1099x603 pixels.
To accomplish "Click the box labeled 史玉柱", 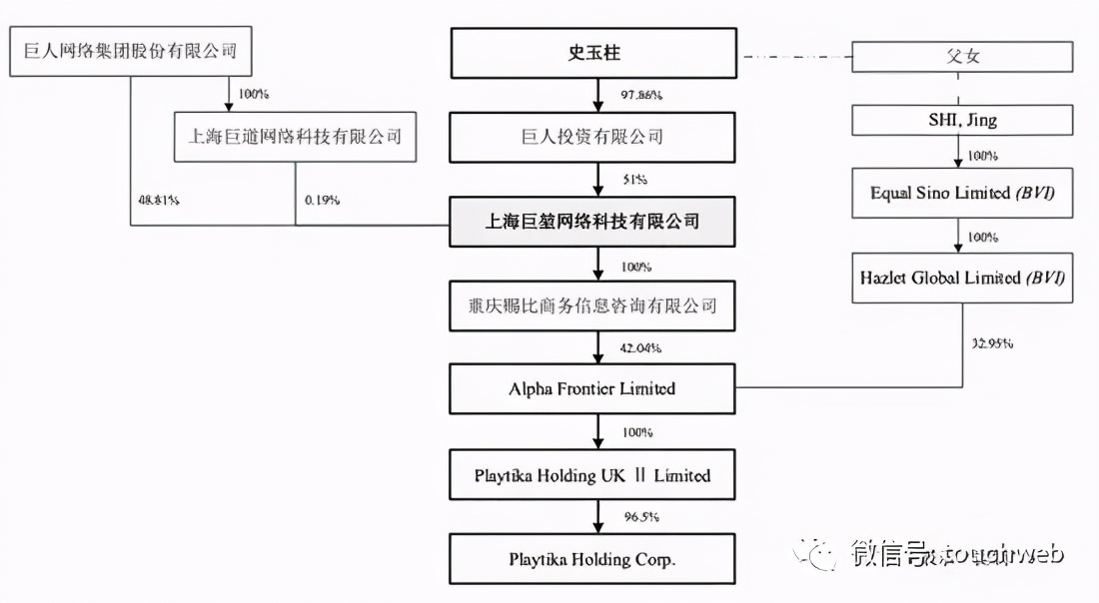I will [593, 54].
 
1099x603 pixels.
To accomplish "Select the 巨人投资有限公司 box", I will [593, 137].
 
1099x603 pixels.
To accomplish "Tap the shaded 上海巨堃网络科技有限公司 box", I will [593, 222].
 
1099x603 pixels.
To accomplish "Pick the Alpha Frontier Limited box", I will [593, 388].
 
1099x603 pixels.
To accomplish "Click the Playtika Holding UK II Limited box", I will [593, 475].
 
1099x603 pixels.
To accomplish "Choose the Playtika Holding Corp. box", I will [593, 559].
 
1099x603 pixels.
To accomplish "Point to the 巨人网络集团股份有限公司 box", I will [130, 50].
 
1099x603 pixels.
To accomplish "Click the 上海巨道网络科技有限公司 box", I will [296, 137].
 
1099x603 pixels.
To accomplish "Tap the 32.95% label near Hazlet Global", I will [992, 343].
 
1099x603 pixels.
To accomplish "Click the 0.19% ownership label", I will [323, 200].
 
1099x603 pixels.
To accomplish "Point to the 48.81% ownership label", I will [159, 200].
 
